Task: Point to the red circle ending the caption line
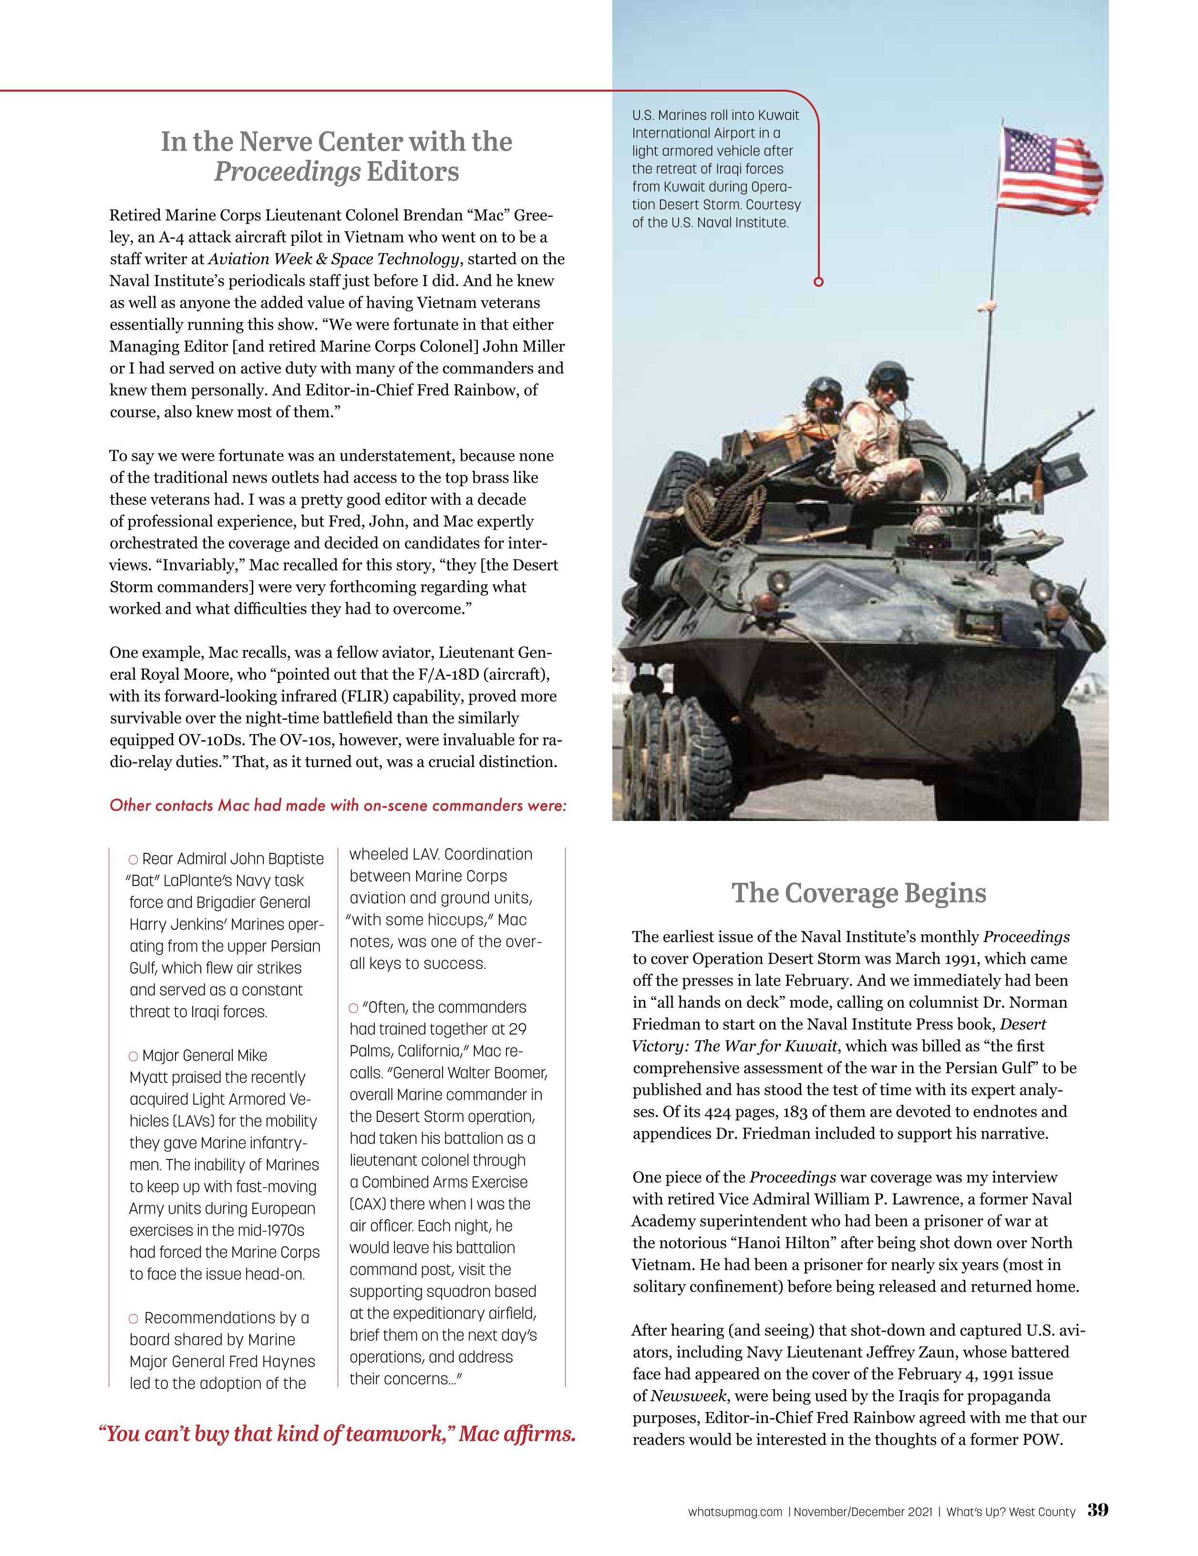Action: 818,282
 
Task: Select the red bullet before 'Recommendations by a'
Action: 134,1319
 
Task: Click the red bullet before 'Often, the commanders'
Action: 354,1008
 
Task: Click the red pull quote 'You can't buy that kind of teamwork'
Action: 336,1433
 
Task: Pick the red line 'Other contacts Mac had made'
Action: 338,805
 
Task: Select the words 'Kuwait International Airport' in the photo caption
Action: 716,124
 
